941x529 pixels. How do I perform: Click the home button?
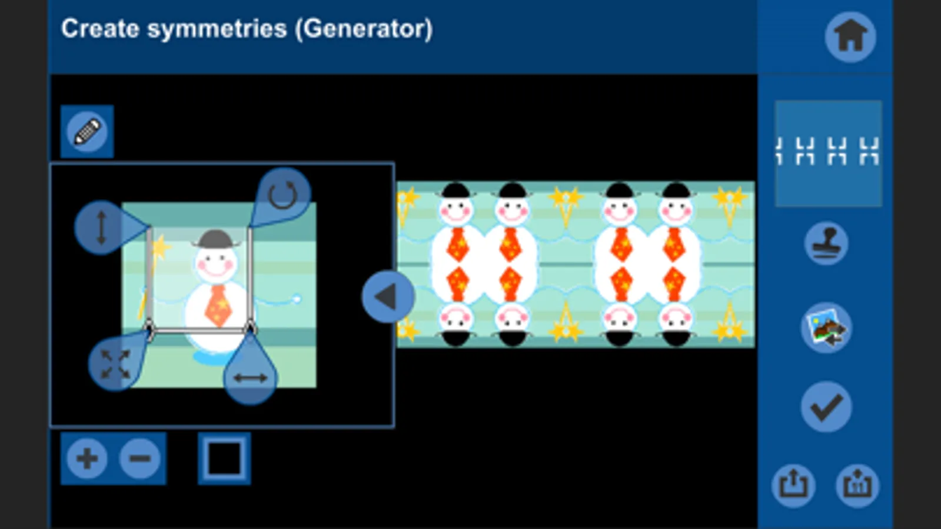point(850,36)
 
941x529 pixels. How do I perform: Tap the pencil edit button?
point(87,132)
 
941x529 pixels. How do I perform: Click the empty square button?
point(224,458)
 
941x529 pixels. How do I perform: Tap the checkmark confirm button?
point(826,407)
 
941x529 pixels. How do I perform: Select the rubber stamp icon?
point(826,243)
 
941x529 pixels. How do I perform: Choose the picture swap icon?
point(826,328)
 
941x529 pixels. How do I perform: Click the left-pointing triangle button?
point(387,297)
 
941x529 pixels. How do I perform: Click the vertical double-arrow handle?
point(101,227)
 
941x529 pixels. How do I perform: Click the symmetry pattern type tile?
point(828,153)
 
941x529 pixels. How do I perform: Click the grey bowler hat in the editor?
point(216,239)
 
